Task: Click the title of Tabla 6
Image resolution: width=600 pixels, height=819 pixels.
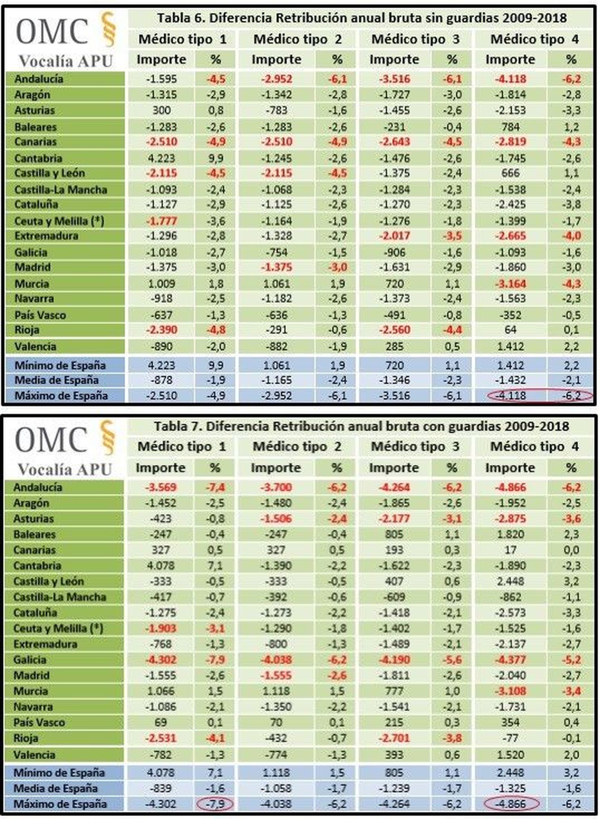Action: click(x=361, y=18)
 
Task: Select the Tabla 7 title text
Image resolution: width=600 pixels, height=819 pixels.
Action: click(x=361, y=426)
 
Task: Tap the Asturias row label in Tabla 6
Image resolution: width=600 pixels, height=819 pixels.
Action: click(x=34, y=110)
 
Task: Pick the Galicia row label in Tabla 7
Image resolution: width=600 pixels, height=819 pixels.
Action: click(x=30, y=660)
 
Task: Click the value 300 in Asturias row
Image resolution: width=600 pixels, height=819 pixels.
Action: click(x=161, y=110)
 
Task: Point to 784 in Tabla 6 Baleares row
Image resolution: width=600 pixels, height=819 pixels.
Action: click(x=510, y=127)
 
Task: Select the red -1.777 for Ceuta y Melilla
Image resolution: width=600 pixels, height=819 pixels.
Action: click(x=161, y=221)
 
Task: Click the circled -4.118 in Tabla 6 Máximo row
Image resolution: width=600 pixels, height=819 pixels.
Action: click(x=510, y=395)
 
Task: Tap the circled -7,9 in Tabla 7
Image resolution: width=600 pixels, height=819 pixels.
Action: click(x=215, y=804)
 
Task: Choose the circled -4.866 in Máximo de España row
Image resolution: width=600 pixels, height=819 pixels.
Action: click(x=510, y=804)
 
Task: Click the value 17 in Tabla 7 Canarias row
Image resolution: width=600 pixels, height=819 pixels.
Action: click(x=510, y=550)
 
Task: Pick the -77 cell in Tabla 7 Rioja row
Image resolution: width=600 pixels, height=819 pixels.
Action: click(x=510, y=738)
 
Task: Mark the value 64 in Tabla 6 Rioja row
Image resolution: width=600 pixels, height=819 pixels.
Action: click(x=510, y=330)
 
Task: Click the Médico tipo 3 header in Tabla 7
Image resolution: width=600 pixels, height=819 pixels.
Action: click(x=415, y=446)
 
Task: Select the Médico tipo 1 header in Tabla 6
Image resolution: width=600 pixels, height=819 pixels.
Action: click(x=183, y=39)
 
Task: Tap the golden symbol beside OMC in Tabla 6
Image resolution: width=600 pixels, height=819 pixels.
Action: click(x=109, y=29)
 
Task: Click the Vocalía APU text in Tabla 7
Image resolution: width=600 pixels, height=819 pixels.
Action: click(x=65, y=469)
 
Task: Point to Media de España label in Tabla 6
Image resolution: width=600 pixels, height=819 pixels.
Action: click(x=56, y=380)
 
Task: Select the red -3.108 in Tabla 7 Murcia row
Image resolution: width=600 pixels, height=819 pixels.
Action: click(x=510, y=691)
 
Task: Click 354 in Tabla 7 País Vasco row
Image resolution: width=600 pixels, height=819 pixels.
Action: click(x=510, y=722)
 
